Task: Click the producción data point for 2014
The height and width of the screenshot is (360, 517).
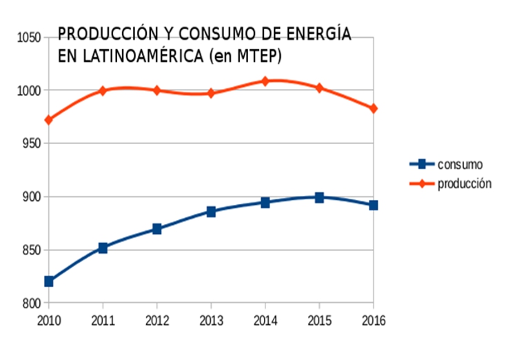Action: click(265, 81)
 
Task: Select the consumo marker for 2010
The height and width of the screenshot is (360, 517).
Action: click(48, 281)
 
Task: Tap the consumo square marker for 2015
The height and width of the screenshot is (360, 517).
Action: click(319, 197)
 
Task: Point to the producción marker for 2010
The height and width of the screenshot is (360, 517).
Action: click(48, 120)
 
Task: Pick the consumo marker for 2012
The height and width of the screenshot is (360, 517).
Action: click(157, 229)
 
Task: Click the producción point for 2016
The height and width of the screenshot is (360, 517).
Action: click(374, 108)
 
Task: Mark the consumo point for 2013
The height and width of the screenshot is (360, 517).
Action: click(211, 212)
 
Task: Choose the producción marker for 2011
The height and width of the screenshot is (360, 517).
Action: click(103, 90)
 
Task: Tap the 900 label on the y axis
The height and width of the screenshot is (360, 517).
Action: click(31, 197)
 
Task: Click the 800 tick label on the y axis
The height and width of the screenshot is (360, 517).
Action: click(31, 303)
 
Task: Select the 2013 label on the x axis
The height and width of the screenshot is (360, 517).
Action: click(211, 320)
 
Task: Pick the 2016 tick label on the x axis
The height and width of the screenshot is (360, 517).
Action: click(373, 320)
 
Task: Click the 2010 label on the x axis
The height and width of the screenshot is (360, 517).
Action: click(48, 320)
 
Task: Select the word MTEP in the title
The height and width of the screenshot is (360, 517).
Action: click(258, 54)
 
